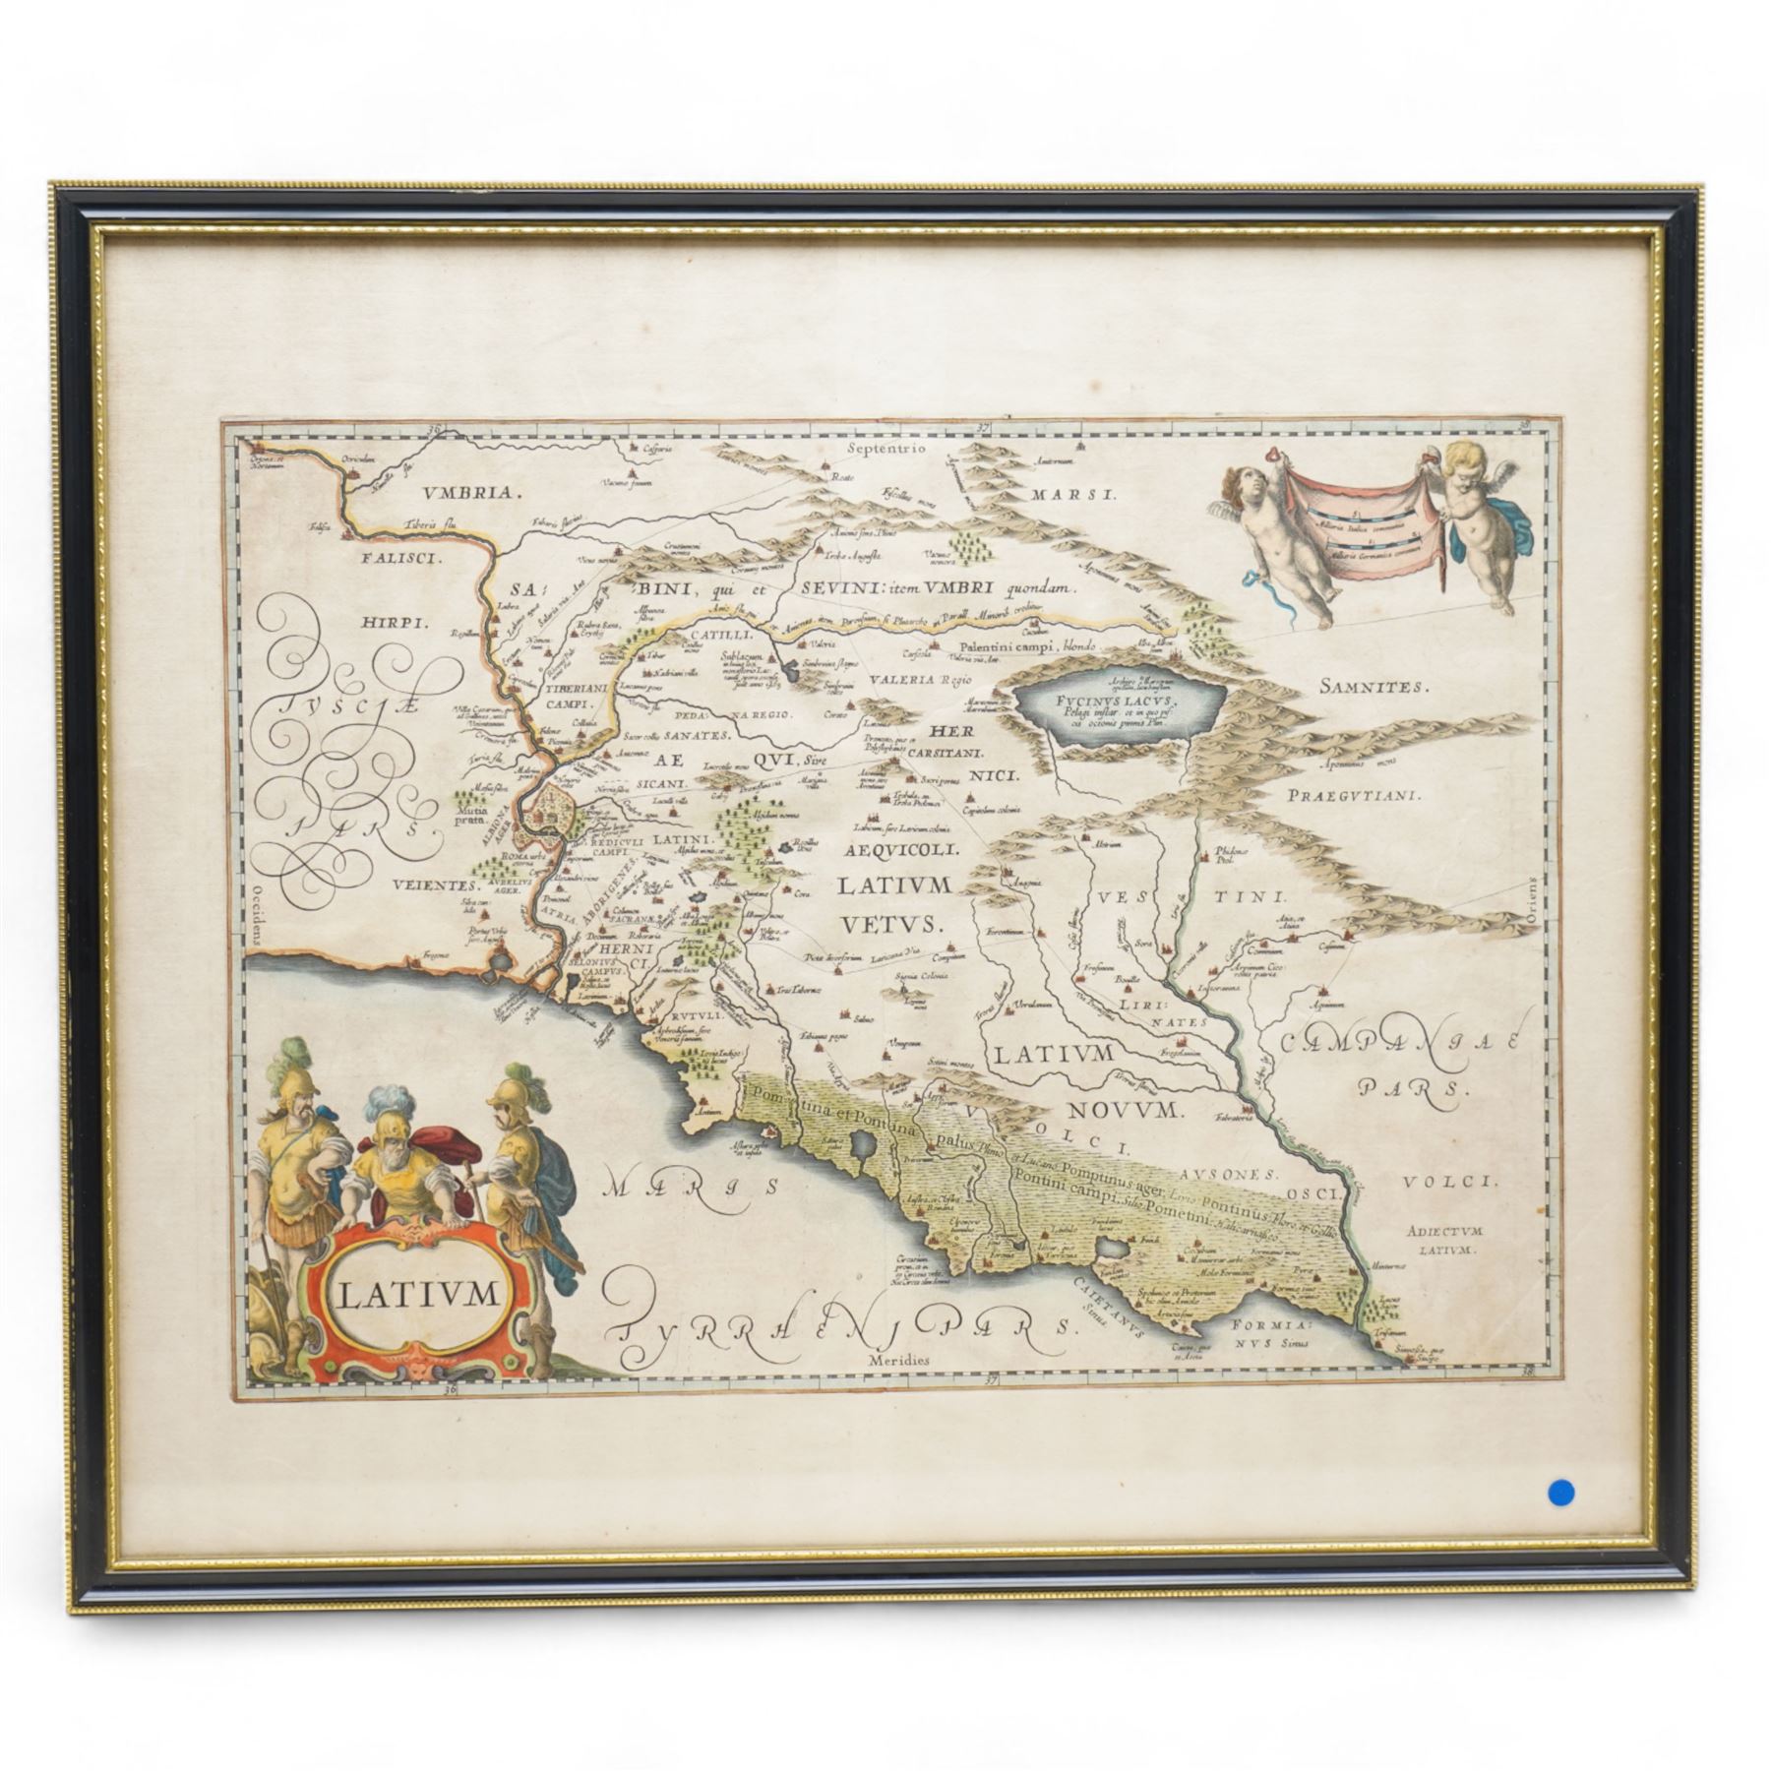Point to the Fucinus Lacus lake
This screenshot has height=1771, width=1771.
[1119, 702]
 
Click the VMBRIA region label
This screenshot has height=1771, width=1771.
[467, 495]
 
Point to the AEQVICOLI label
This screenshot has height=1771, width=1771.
[897, 846]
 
